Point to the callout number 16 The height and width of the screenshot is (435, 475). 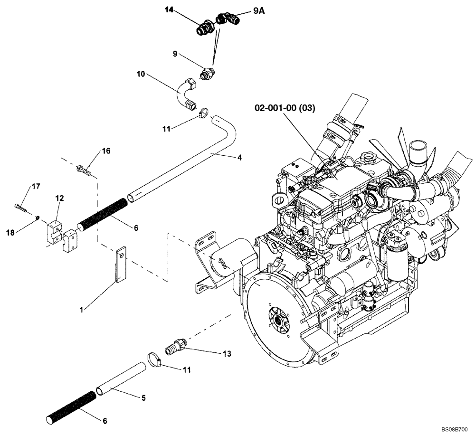pyautogui.click(x=106, y=151)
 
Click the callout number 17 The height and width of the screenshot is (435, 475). pyautogui.click(x=36, y=187)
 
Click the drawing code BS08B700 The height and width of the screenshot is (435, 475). pyautogui.click(x=455, y=429)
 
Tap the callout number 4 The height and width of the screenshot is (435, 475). pyautogui.click(x=240, y=157)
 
